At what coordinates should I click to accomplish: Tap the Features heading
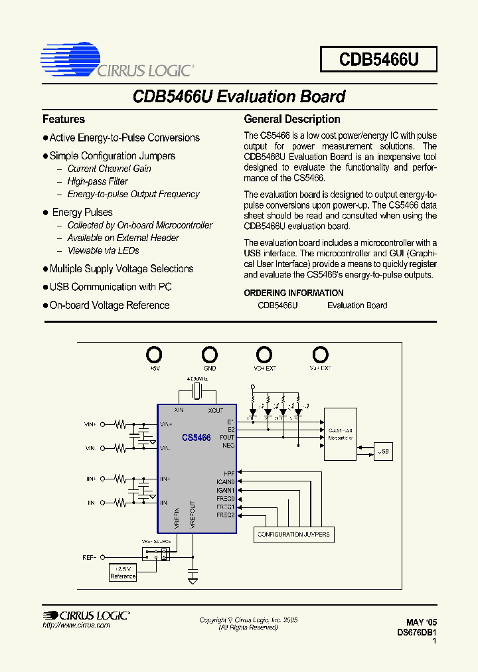[x=64, y=120]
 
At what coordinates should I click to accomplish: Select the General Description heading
[x=292, y=120]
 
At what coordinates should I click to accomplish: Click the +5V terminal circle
[x=154, y=354]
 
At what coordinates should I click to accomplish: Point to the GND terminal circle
[x=209, y=354]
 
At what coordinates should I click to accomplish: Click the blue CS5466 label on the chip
[x=197, y=438]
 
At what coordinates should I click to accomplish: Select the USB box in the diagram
[x=383, y=451]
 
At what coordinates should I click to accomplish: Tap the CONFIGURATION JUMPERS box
[x=293, y=534]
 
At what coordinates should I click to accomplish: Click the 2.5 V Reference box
[x=123, y=572]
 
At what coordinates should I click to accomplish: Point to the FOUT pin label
[x=228, y=438]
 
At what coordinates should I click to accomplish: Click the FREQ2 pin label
[x=226, y=515]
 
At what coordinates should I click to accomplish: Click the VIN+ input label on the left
[x=90, y=423]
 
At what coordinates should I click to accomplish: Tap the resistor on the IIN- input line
[x=120, y=503]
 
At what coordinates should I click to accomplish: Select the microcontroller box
[x=341, y=434]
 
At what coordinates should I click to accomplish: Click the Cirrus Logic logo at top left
[x=117, y=60]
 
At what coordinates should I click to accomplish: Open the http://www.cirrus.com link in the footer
[x=76, y=626]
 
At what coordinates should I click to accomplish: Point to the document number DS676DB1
[x=416, y=633]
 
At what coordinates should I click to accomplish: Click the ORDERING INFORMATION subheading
[x=293, y=293]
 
